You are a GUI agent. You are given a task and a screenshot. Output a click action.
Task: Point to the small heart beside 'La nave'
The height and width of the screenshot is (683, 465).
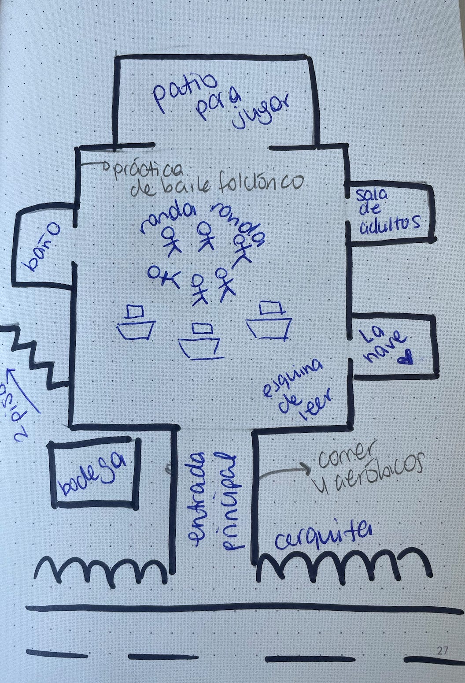point(406,359)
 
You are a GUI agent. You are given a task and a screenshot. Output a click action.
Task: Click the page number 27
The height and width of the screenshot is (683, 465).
point(443,650)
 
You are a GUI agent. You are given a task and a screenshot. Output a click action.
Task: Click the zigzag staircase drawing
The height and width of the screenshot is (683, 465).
point(35,357)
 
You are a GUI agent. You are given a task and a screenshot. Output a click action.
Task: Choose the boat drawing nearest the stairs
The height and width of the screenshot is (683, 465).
point(136,324)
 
